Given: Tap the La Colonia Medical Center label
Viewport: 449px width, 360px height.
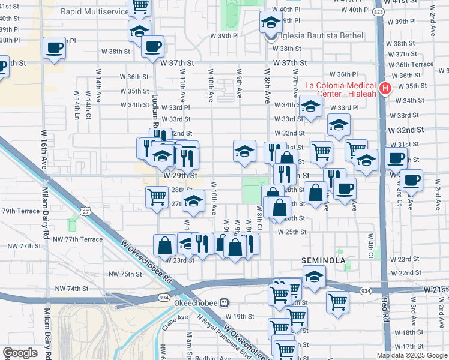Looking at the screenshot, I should click(x=341, y=89).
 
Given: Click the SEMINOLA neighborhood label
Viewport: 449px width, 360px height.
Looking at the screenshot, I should click(x=324, y=260).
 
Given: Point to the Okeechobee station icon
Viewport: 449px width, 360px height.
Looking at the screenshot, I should click(x=224, y=303).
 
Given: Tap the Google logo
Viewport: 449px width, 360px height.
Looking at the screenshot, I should click(x=20, y=353).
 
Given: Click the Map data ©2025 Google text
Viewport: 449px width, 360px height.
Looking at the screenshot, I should click(x=411, y=355).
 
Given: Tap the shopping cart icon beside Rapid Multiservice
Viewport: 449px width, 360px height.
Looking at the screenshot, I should click(x=140, y=7).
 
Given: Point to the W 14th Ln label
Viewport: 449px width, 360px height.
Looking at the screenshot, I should click(x=76, y=103).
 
